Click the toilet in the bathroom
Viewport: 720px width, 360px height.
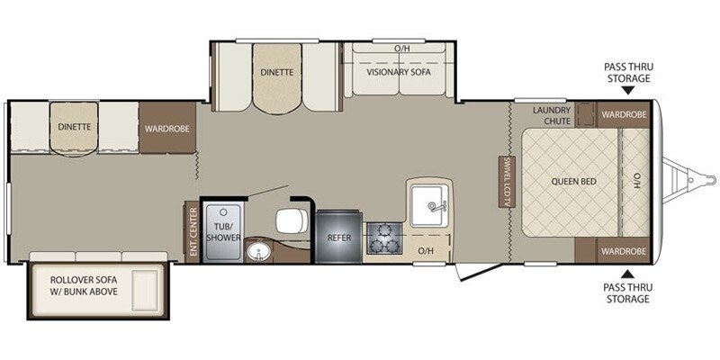coord(288,218)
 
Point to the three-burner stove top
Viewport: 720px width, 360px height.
coord(386,238)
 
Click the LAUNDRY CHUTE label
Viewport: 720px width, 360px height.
coord(552,115)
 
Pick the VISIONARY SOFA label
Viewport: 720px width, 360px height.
coord(400,72)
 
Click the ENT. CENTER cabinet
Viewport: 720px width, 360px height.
coord(193,231)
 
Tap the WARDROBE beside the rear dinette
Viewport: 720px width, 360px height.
coord(166,128)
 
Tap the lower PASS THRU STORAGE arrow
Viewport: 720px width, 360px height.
coord(627,272)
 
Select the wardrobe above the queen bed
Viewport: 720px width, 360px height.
coord(625,115)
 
